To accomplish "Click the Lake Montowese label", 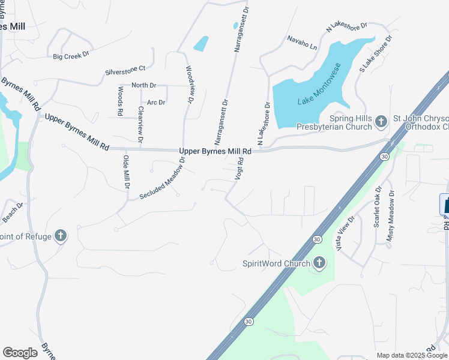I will click(x=320, y=85).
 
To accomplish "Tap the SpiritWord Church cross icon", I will click(x=319, y=263).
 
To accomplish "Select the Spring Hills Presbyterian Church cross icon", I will click(x=380, y=122).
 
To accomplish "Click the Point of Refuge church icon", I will click(x=60, y=236).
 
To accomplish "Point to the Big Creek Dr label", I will click(x=71, y=56).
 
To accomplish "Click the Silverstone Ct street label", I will click(x=125, y=70).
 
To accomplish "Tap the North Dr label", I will click(x=143, y=86).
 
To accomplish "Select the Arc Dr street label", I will click(x=156, y=103).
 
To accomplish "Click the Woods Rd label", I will click(x=121, y=101).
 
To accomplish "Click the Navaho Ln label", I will click(x=302, y=46).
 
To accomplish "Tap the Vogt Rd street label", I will click(x=240, y=170).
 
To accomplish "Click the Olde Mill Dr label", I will click(x=126, y=172).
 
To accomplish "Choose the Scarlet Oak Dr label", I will click(x=378, y=207).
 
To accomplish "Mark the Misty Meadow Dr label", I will click(x=391, y=216).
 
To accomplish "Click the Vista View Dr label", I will click(x=347, y=232).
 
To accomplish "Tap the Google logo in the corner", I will click(x=20, y=353).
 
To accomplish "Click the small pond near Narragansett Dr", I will click(x=201, y=43).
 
